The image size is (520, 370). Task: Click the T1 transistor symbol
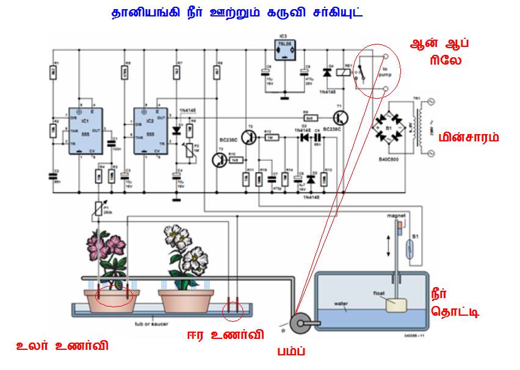coord(340,118)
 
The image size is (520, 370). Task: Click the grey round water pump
coord(300,323)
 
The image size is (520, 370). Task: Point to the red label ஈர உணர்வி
coord(225,334)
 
